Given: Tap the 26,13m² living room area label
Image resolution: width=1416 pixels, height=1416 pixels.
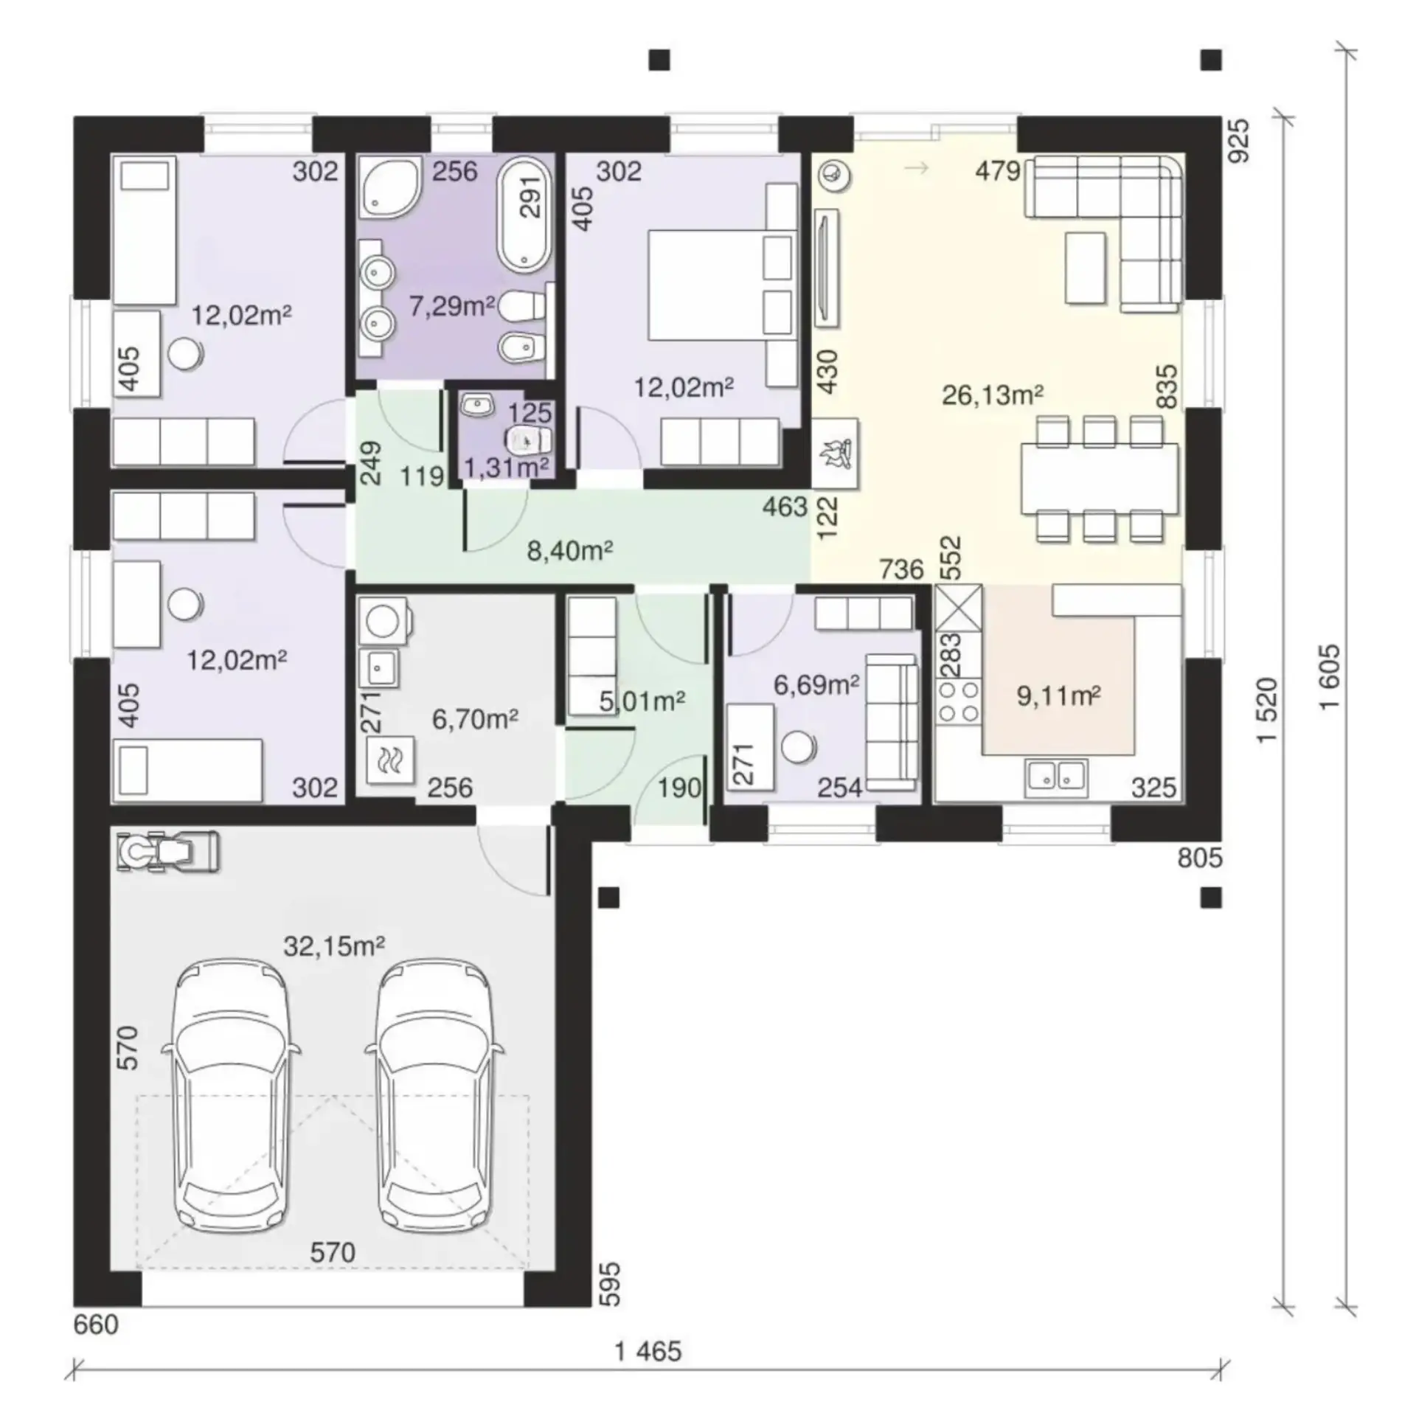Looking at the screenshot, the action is coord(992,395).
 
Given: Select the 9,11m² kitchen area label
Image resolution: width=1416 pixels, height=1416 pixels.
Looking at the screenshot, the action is coord(1059,695).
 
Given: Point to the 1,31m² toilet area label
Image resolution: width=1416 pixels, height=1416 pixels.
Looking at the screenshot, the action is coord(507,467).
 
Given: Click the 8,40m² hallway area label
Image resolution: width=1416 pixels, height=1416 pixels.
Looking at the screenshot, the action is coord(570,550).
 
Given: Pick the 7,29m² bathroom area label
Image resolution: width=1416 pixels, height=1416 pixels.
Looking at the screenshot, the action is coord(452,305).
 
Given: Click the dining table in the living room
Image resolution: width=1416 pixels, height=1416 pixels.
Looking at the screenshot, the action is coord(1100,478).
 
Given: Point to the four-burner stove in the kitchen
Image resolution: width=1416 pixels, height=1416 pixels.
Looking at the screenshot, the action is coord(958,701).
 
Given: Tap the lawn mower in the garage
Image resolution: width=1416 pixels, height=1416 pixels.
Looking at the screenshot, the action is coord(168,853).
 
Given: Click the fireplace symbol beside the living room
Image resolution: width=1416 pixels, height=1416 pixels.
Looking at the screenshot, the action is coord(836,452).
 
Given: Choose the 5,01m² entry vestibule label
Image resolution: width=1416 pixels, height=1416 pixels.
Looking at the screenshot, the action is coord(642,701).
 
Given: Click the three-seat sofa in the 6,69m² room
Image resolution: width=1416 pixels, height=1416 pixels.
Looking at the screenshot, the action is coord(892,721).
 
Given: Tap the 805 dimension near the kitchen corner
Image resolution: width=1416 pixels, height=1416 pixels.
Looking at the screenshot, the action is coord(1200,858).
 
